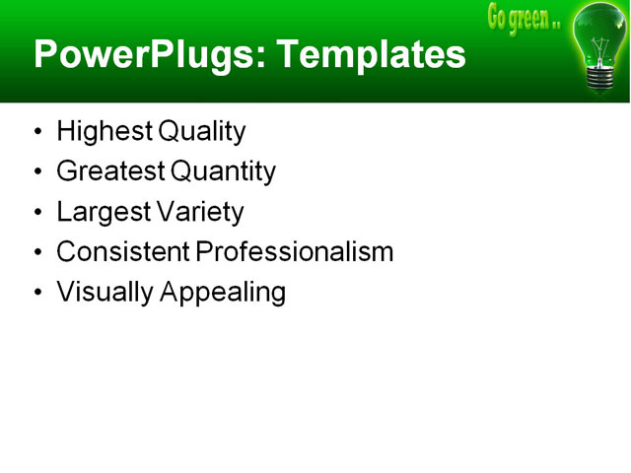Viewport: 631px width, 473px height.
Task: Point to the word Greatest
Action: point(110,171)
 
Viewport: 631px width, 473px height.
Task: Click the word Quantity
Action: point(223,171)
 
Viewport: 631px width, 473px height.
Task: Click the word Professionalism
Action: point(294,252)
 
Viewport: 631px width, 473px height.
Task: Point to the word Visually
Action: point(102,293)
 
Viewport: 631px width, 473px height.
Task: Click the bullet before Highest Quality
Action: point(37,132)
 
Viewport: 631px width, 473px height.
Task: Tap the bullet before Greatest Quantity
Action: point(37,172)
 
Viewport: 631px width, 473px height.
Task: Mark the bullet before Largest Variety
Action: point(37,213)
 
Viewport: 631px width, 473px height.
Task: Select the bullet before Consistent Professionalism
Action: point(37,253)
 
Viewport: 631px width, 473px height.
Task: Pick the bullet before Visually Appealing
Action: point(37,294)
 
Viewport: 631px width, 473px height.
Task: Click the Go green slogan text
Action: point(524,18)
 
